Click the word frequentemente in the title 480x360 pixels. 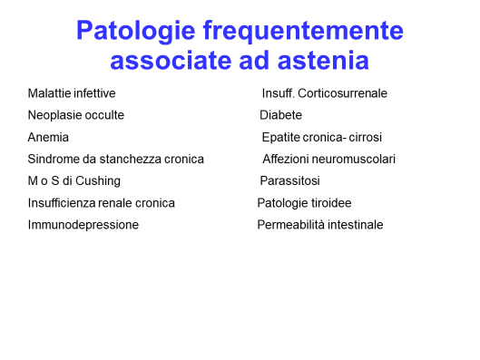(303, 32)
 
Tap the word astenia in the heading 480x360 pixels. (323, 60)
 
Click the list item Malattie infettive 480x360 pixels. (72, 93)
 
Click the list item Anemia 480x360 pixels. (48, 137)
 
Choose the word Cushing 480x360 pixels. (98, 181)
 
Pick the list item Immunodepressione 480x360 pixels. (83, 225)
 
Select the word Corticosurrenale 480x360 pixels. (342, 93)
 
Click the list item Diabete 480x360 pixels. (280, 115)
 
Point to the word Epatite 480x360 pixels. (280, 137)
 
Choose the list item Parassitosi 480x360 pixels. (289, 181)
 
